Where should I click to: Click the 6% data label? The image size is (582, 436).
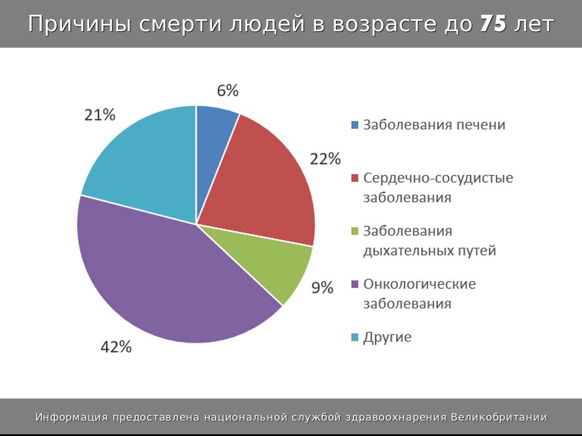pos(227,91)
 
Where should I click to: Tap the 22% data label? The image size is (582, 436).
pos(325,159)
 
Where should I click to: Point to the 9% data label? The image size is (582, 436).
pos(322,288)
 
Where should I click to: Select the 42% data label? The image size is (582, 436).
pos(116,347)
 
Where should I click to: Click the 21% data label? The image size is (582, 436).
pos(100,115)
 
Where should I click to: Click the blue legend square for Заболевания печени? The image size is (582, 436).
pos(355,125)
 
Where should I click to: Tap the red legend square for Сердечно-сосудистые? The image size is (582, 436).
pos(355,178)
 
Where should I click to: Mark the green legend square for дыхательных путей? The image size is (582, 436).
pos(355,231)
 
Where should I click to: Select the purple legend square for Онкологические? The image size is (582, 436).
pos(355,284)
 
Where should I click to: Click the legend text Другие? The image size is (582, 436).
pos(387,337)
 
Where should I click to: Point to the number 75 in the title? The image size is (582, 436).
pos(493,24)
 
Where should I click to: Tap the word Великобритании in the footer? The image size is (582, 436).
pos(499,418)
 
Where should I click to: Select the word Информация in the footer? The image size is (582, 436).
pos(72,418)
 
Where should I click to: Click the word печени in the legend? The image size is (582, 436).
pos(481,125)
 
